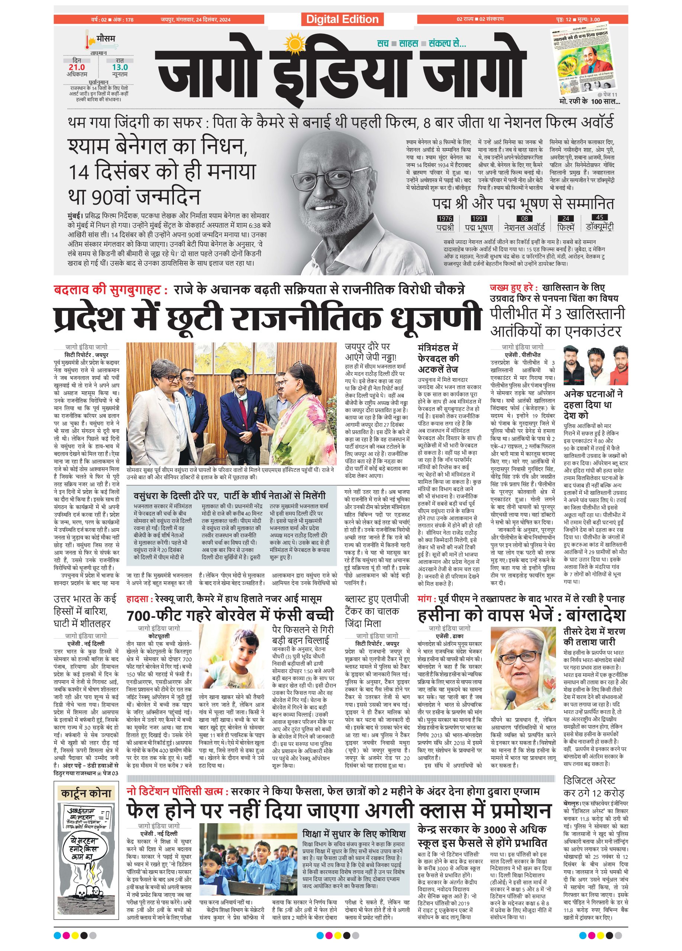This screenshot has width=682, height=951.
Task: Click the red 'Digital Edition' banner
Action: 342,19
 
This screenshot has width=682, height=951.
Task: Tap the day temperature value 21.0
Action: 77,67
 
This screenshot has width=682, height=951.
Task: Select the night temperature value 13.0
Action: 120,67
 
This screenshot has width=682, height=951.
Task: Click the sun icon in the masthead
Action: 292,43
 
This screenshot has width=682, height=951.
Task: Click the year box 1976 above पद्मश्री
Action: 445,218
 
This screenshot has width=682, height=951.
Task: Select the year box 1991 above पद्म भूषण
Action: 479,218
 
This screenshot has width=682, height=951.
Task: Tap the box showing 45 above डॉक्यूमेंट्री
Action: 599,217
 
